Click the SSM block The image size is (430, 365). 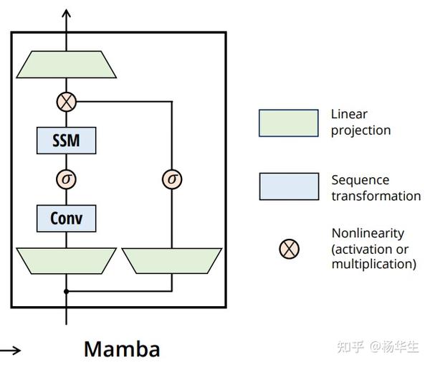coord(66,141)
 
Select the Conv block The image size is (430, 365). coord(66,217)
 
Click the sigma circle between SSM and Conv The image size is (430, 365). coord(66,179)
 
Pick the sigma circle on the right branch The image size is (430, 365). coord(172,179)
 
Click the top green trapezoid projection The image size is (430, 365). coord(67,65)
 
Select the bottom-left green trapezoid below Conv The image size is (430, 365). coord(66,260)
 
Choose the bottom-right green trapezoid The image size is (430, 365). coord(172,260)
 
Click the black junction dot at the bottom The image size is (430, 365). coord(66,291)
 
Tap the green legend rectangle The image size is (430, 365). coord(289,123)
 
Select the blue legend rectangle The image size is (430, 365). coord(289,186)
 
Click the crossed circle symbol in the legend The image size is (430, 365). coord(289,249)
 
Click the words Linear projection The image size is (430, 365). coord(360,122)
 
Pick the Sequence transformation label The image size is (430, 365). coord(376,187)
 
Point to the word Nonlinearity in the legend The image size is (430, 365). coord(368,233)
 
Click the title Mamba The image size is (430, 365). coord(122,349)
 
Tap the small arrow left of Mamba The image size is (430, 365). coord(11,350)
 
